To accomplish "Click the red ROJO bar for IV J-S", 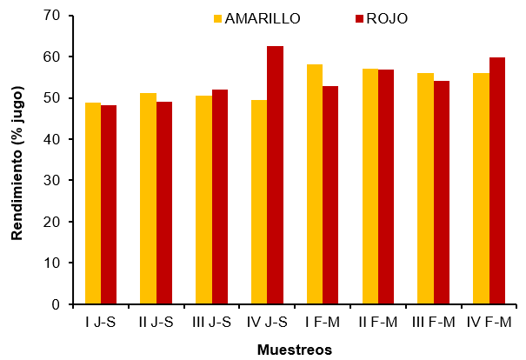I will (x=275, y=175).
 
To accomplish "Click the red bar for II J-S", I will (x=164, y=203).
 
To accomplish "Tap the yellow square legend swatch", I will (x=217, y=18).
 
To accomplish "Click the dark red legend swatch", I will (x=359, y=18).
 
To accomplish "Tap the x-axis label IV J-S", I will (x=267, y=323).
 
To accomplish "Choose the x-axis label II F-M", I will (x=377, y=323).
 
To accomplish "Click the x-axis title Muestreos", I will (x=294, y=350).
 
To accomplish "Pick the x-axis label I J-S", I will (x=101, y=323).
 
